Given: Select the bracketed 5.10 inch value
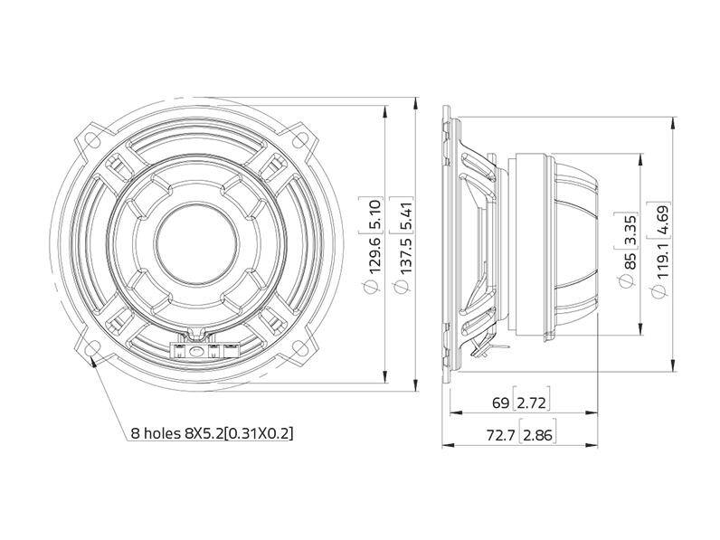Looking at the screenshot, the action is pos(374,215).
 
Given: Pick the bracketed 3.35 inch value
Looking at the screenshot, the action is pos(629,230).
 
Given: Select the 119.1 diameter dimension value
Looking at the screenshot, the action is pos(662,261).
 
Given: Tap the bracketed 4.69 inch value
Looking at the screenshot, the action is pos(662,220).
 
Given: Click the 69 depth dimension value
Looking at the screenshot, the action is pos(500,403).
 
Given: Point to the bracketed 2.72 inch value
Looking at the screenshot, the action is pos(531,403).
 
